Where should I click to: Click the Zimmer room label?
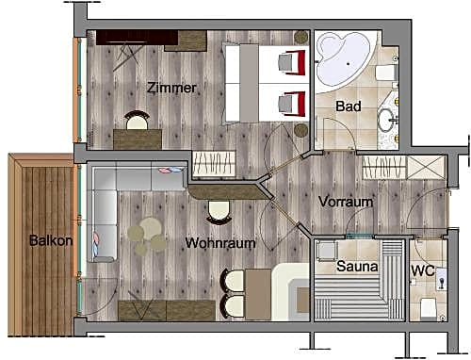tap(171, 88)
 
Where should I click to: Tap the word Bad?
tap(349, 106)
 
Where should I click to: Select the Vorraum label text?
tap(346, 202)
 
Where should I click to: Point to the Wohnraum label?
tap(220, 243)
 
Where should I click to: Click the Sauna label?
tap(357, 267)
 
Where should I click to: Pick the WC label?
tap(423, 270)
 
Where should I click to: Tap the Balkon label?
tap(51, 240)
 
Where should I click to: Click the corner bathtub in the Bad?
tap(344, 61)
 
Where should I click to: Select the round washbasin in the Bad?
tap(386, 120)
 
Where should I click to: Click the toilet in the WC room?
tap(429, 308)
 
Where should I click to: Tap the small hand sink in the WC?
tap(442, 279)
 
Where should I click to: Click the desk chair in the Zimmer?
tap(137, 120)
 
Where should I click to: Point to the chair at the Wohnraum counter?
tap(219, 212)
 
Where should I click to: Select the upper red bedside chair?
tap(292, 62)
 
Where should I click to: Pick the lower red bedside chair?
tap(292, 104)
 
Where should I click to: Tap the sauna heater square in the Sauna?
tap(327, 251)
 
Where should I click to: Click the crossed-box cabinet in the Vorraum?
tap(426, 168)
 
